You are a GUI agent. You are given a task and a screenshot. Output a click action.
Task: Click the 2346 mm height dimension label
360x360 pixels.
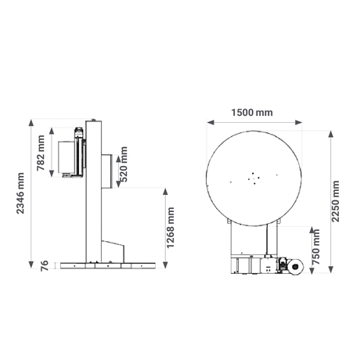coord(20,193)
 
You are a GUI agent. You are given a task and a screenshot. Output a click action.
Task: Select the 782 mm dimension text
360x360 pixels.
coord(41,153)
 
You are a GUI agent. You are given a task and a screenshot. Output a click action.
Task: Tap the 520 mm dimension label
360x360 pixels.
coord(123,164)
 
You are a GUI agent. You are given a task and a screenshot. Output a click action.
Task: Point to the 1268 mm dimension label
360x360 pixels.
coord(171,228)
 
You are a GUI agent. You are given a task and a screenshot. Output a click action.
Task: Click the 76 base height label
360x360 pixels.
coord(45,266)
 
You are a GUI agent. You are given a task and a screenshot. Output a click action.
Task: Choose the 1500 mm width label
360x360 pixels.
coord(252,113)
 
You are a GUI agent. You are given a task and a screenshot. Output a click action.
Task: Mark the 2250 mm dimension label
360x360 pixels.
coord(335,201)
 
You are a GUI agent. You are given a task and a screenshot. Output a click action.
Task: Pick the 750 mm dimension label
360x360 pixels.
coord(316,247)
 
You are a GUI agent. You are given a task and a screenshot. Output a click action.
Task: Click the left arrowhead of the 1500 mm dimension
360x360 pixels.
coord(211,122)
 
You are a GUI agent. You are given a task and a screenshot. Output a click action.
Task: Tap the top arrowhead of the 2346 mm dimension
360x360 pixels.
coord(31,123)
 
